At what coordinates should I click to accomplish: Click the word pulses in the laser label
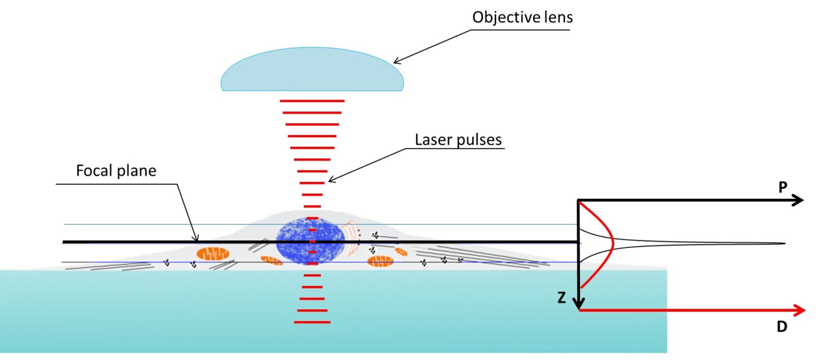[479, 140]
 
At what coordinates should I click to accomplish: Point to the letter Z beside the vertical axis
[561, 299]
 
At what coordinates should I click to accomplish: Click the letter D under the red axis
[782, 327]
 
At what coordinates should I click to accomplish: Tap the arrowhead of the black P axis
[798, 201]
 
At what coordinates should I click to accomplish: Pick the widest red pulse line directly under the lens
[312, 100]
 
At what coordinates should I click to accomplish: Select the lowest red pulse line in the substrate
[312, 322]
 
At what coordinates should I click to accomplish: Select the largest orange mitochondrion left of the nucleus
[213, 253]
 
